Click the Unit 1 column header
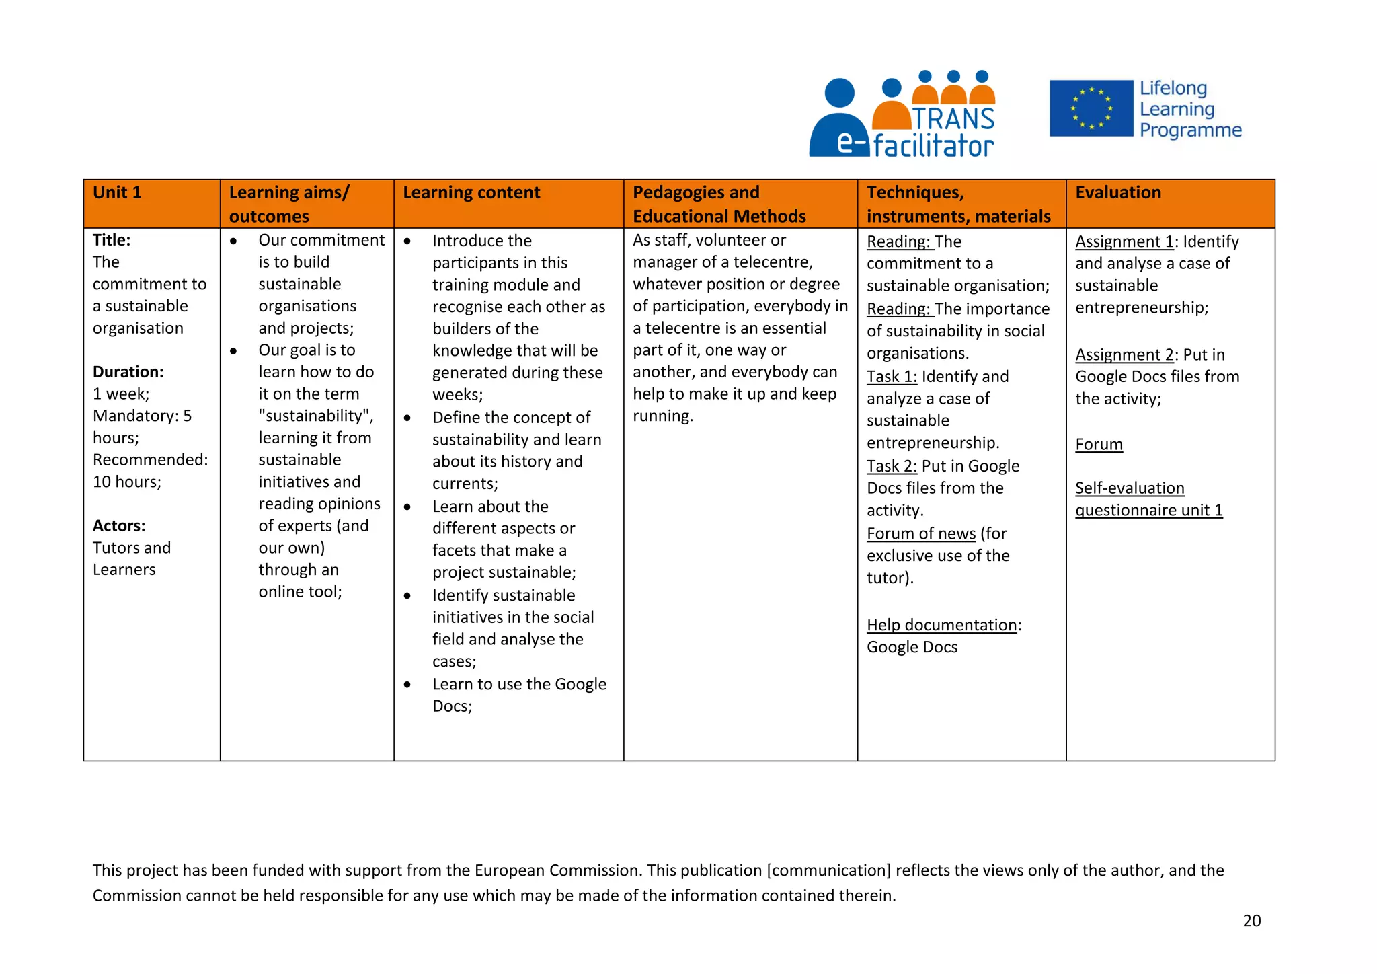[x=117, y=193]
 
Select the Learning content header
[x=471, y=193]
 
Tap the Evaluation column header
[x=1117, y=193]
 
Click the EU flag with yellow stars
[x=1091, y=108]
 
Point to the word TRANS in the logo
[x=953, y=119]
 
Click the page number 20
[x=1251, y=921]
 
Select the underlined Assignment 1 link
[x=1124, y=242]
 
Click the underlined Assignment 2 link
[x=1124, y=355]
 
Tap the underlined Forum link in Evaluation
[x=1099, y=445]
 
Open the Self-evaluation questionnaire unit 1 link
[x=1148, y=499]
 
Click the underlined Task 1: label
[x=892, y=377]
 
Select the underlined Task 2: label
[x=892, y=466]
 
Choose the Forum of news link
[x=920, y=534]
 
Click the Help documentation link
[x=941, y=626]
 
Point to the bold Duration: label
[x=128, y=372]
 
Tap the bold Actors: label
[x=119, y=526]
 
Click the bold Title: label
[x=112, y=240]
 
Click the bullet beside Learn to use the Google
[x=407, y=685]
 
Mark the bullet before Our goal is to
[x=233, y=350]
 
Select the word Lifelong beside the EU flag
[x=1173, y=89]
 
